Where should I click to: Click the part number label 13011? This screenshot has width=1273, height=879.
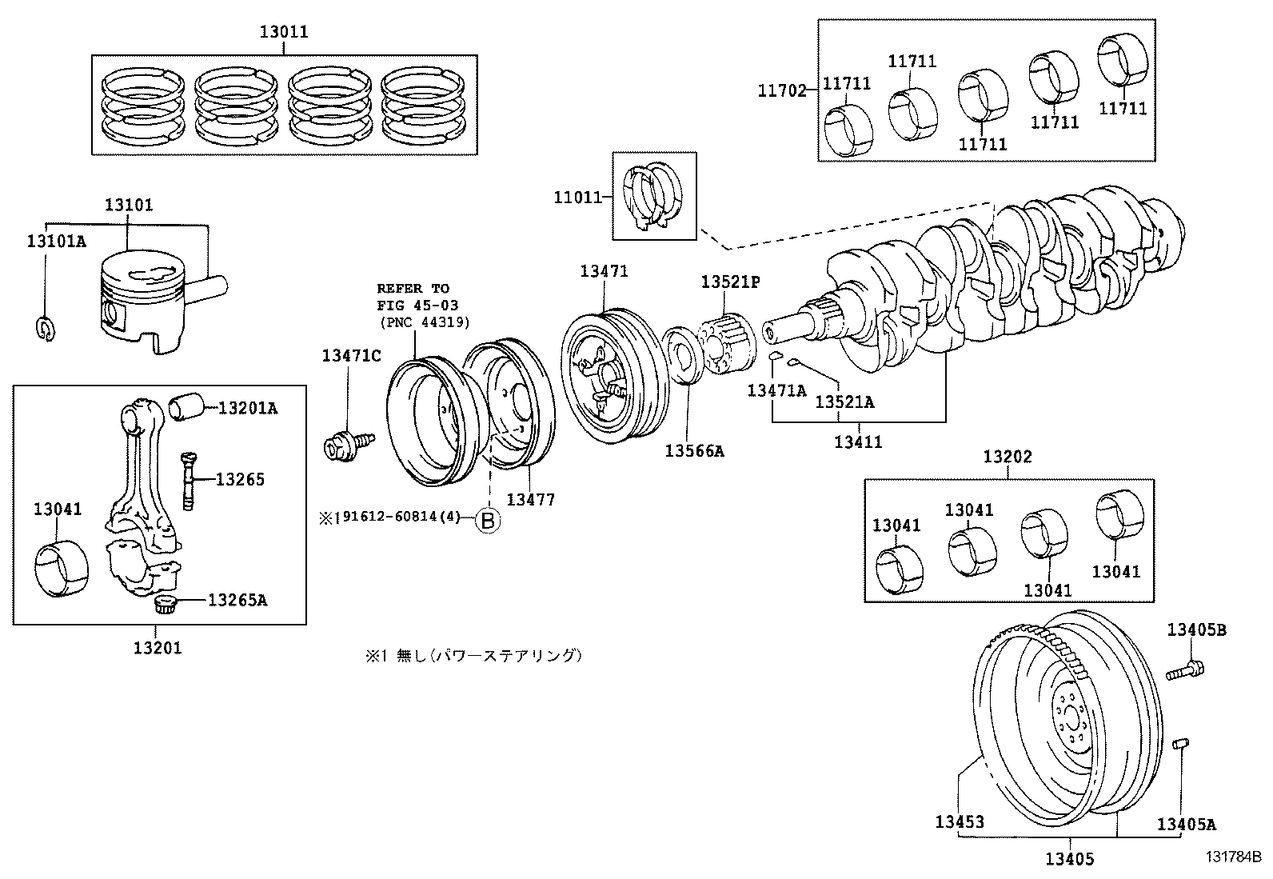coord(283,33)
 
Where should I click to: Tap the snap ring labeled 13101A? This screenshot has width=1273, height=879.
coord(46,328)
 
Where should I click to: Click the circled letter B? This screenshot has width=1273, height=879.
coord(488,521)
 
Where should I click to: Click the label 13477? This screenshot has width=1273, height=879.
coord(530,500)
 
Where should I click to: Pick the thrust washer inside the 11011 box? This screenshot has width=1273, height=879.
coord(653,196)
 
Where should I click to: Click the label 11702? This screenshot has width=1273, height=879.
coord(782,91)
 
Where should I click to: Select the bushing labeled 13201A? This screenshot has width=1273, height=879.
coord(189,406)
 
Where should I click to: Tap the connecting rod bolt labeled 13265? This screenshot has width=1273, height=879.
coord(188,480)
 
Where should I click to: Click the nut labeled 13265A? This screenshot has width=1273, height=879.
coord(165,604)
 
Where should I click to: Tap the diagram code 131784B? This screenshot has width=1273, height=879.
coord(1233,856)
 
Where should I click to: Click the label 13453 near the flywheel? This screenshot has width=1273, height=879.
coord(960,821)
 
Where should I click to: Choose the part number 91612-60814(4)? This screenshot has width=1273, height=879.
coord(402,517)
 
